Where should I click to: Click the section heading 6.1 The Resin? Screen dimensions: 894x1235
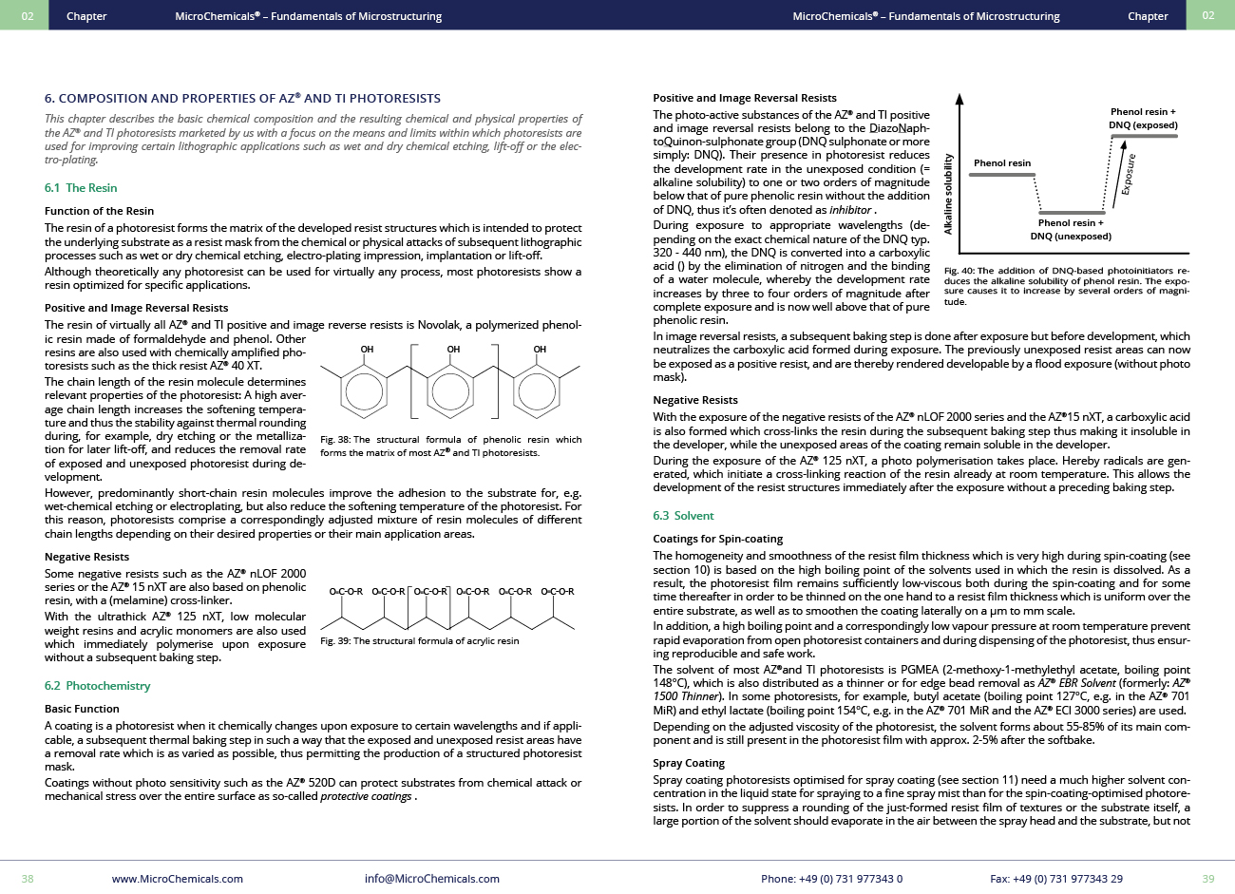click(x=81, y=188)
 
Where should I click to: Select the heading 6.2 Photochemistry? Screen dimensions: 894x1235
click(x=97, y=686)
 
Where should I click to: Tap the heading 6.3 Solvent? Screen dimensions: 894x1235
click(x=683, y=516)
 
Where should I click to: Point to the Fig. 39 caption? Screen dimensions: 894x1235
click(x=419, y=641)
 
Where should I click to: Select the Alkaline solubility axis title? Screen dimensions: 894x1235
click(x=948, y=194)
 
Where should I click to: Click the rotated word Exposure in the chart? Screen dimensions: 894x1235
click(x=1128, y=175)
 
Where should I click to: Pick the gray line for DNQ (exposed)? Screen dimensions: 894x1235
click(x=1144, y=136)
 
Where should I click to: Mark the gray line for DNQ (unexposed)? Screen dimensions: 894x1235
click(x=1071, y=213)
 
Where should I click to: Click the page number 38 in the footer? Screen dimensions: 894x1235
click(x=28, y=879)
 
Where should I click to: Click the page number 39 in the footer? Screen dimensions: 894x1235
click(x=1207, y=879)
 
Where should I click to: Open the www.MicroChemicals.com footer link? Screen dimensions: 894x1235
click(x=177, y=879)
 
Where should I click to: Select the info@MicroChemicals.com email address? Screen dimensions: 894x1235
click(x=431, y=879)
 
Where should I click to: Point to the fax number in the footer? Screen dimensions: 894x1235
click(x=1055, y=879)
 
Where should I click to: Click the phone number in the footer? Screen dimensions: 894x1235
click(x=831, y=879)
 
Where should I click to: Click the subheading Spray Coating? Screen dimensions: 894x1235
click(x=688, y=763)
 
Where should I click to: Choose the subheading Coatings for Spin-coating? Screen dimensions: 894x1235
click(x=717, y=539)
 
